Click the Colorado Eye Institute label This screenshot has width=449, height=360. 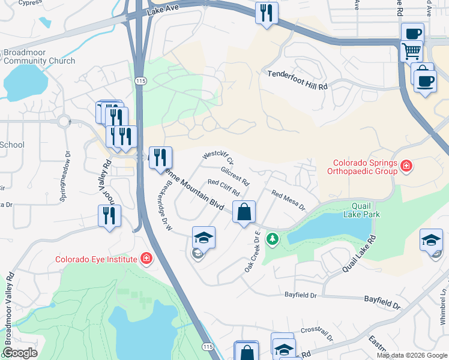click(96, 260)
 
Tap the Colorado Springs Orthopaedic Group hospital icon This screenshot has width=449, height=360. click(406, 165)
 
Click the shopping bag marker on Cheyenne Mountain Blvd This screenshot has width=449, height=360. click(244, 212)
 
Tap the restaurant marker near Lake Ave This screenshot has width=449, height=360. click(266, 13)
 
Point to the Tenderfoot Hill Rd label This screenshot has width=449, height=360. click(297, 87)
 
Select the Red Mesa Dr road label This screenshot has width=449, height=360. click(289, 200)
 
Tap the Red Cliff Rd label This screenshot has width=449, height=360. click(223, 188)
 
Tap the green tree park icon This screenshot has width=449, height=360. click(273, 239)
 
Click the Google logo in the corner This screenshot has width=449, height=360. click(20, 353)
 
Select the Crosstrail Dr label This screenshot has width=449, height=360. click(316, 332)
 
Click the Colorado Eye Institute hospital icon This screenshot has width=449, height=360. click(146, 259)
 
